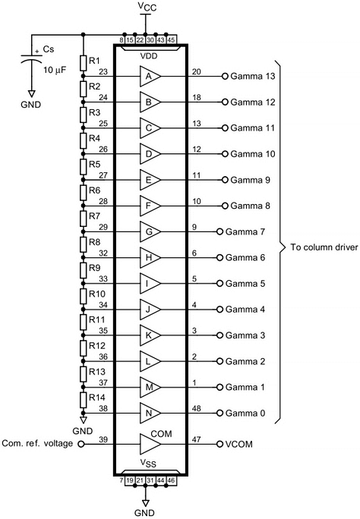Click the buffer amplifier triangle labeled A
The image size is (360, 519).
pyautogui.click(x=150, y=76)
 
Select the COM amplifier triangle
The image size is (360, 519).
pyautogui.click(x=150, y=444)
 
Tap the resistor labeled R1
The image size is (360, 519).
pyautogui.click(x=83, y=63)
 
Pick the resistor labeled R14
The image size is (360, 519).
pyautogui.click(x=83, y=400)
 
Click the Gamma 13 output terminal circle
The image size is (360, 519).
pyautogui.click(x=225, y=76)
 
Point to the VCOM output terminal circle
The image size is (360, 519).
pyautogui.click(x=219, y=444)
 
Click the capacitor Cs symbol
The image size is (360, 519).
pyautogui.click(x=32, y=58)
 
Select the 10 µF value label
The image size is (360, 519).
pyautogui.click(x=55, y=70)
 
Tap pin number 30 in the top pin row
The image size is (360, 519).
pyautogui.click(x=150, y=39)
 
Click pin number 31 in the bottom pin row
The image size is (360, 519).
pyautogui.click(x=150, y=480)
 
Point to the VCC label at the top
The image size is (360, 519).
pyautogui.click(x=147, y=7)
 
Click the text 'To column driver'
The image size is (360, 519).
pyautogui.click(x=324, y=247)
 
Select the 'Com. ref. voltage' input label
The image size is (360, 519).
pyautogui.click(x=37, y=443)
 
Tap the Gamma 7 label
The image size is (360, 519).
pyautogui.click(x=245, y=231)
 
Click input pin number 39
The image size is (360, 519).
pyautogui.click(x=103, y=439)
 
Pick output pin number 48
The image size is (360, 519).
pyautogui.click(x=197, y=408)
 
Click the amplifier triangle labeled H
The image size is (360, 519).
pyautogui.click(x=150, y=257)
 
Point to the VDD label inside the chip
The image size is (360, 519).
pyautogui.click(x=149, y=56)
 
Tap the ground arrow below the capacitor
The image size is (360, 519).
pyautogui.click(x=32, y=93)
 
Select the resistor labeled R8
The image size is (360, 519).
pyautogui.click(x=83, y=244)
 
